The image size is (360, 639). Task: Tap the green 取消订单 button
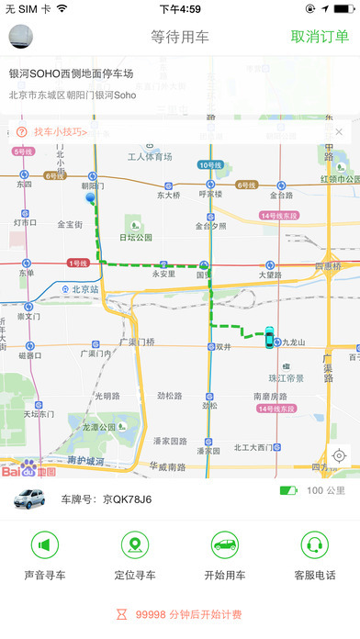pyautogui.click(x=320, y=37)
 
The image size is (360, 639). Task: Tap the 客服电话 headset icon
pyautogui.click(x=314, y=545)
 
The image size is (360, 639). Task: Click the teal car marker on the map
pyautogui.click(x=269, y=337)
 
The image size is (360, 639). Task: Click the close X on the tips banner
pyautogui.click(x=339, y=132)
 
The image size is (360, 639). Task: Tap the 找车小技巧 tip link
pyautogui.click(x=61, y=132)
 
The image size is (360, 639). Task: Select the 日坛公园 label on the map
pyautogui.click(x=137, y=237)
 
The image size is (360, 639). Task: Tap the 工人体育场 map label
pyautogui.click(x=150, y=157)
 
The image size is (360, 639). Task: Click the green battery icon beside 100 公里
pyautogui.click(x=288, y=491)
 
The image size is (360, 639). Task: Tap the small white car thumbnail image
pyautogui.click(x=31, y=500)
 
